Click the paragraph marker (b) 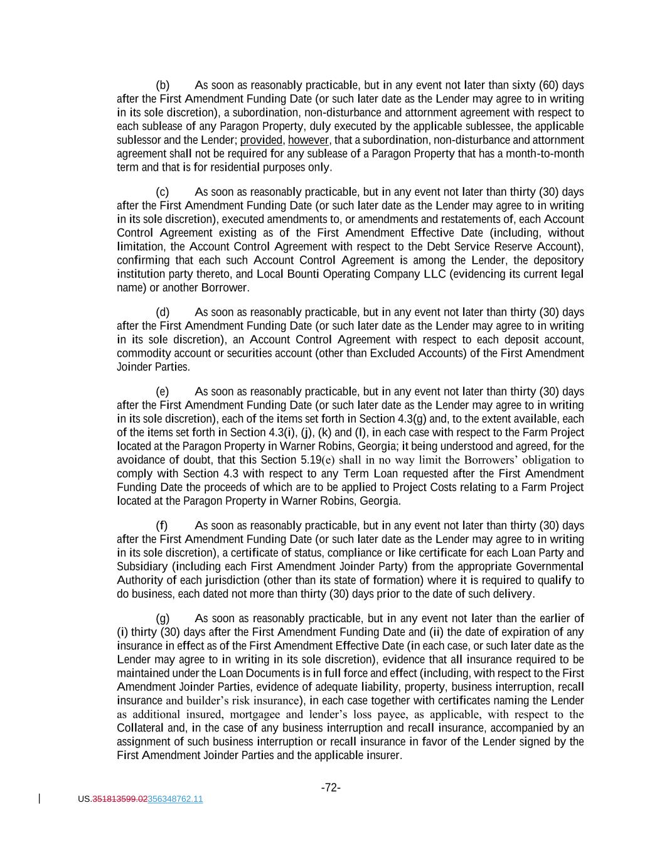[162, 85]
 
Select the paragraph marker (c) [162, 192]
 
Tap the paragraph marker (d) [162, 313]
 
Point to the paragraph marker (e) [162, 392]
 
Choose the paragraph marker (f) [161, 526]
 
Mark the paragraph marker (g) [162, 618]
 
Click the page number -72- [331, 788]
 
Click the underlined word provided [261, 140]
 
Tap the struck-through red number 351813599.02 [120, 799]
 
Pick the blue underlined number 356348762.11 [175, 799]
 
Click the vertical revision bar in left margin [40, 799]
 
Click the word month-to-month [545, 154]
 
